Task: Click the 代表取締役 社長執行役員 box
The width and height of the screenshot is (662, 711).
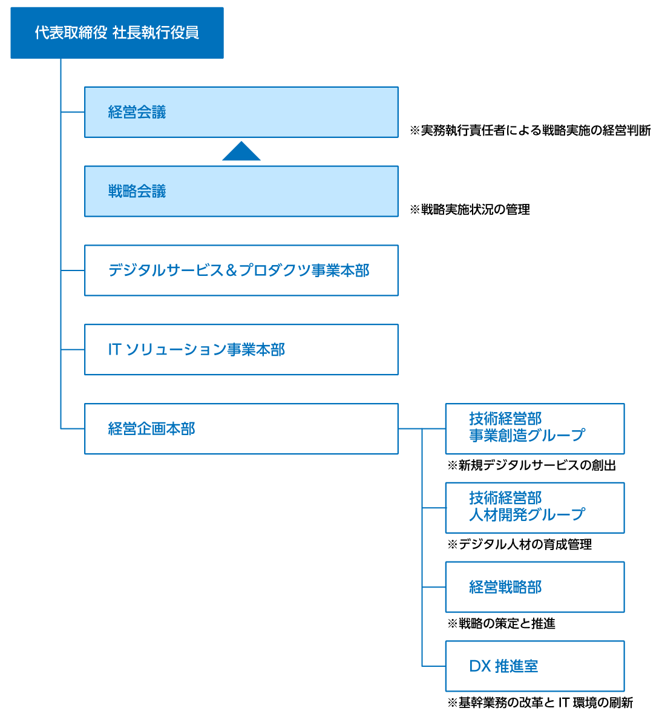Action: click(117, 33)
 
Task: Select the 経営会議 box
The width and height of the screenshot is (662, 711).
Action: click(241, 112)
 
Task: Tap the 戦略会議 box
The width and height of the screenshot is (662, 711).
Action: click(241, 191)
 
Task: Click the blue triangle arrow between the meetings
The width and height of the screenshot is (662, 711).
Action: click(241, 152)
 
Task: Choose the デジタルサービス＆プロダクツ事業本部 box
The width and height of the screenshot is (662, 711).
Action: click(241, 270)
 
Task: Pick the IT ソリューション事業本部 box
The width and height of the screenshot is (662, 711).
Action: click(241, 350)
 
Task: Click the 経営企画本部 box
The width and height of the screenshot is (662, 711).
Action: click(241, 428)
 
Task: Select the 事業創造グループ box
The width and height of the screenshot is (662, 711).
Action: click(534, 428)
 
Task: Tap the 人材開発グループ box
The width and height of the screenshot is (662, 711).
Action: click(534, 508)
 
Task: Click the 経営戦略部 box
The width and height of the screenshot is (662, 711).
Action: click(534, 587)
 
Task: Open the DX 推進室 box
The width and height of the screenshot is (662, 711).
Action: click(534, 666)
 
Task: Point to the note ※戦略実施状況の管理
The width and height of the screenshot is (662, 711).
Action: click(470, 209)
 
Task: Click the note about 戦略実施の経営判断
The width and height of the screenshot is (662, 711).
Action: click(530, 130)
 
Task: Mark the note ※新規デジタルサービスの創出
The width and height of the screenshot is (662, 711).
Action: click(531, 465)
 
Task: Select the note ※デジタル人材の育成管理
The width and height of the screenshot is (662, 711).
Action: click(519, 545)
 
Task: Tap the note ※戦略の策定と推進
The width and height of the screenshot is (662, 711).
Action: click(501, 623)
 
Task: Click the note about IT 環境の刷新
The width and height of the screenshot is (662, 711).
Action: click(540, 703)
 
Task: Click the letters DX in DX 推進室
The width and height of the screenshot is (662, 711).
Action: click(479, 666)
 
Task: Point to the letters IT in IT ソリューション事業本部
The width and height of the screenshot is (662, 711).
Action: click(114, 350)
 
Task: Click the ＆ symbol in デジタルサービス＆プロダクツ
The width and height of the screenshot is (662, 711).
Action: click(231, 270)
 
